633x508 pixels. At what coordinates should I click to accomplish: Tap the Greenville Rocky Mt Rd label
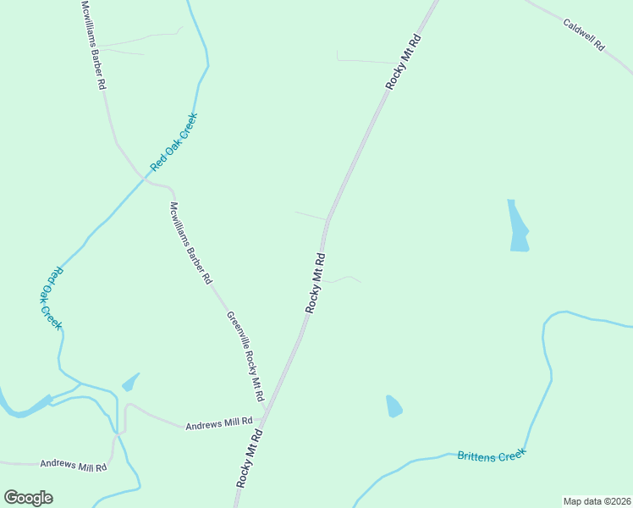pyautogui.click(x=245, y=356)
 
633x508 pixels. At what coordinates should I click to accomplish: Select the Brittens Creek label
pyautogui.click(x=492, y=455)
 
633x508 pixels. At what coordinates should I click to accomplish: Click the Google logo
pyautogui.click(x=28, y=498)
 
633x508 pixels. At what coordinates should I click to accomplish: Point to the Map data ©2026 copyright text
pyautogui.click(x=597, y=501)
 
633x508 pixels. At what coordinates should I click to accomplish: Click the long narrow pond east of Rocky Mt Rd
pyautogui.click(x=517, y=227)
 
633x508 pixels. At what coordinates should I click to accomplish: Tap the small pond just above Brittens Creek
pyautogui.click(x=394, y=406)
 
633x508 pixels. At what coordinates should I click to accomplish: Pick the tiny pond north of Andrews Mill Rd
pyautogui.click(x=129, y=383)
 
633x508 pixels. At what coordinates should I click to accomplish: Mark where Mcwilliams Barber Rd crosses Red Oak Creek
pyautogui.click(x=142, y=176)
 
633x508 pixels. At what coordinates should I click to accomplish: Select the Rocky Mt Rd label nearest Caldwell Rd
pyautogui.click(x=403, y=62)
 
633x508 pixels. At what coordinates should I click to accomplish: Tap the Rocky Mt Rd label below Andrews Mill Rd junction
pyautogui.click(x=250, y=458)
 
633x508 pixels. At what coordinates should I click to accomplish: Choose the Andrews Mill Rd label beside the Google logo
pyautogui.click(x=74, y=465)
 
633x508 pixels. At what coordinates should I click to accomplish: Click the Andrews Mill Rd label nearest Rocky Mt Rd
pyautogui.click(x=219, y=422)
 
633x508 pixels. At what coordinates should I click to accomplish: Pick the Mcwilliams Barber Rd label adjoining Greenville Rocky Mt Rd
pyautogui.click(x=190, y=241)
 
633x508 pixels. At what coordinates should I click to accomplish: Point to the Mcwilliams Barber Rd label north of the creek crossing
pyautogui.click(x=93, y=46)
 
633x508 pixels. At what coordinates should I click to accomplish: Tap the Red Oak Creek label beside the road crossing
pyautogui.click(x=173, y=141)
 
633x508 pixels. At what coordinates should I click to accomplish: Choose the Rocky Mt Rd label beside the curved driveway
pyautogui.click(x=315, y=283)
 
